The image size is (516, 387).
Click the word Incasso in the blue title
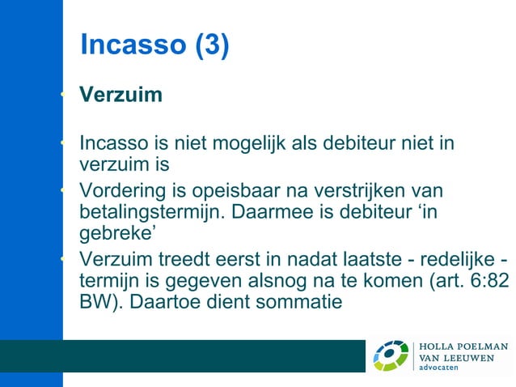tap(133, 45)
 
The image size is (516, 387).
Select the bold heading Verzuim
tap(121, 95)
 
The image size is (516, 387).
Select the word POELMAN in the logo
tap(480, 347)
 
